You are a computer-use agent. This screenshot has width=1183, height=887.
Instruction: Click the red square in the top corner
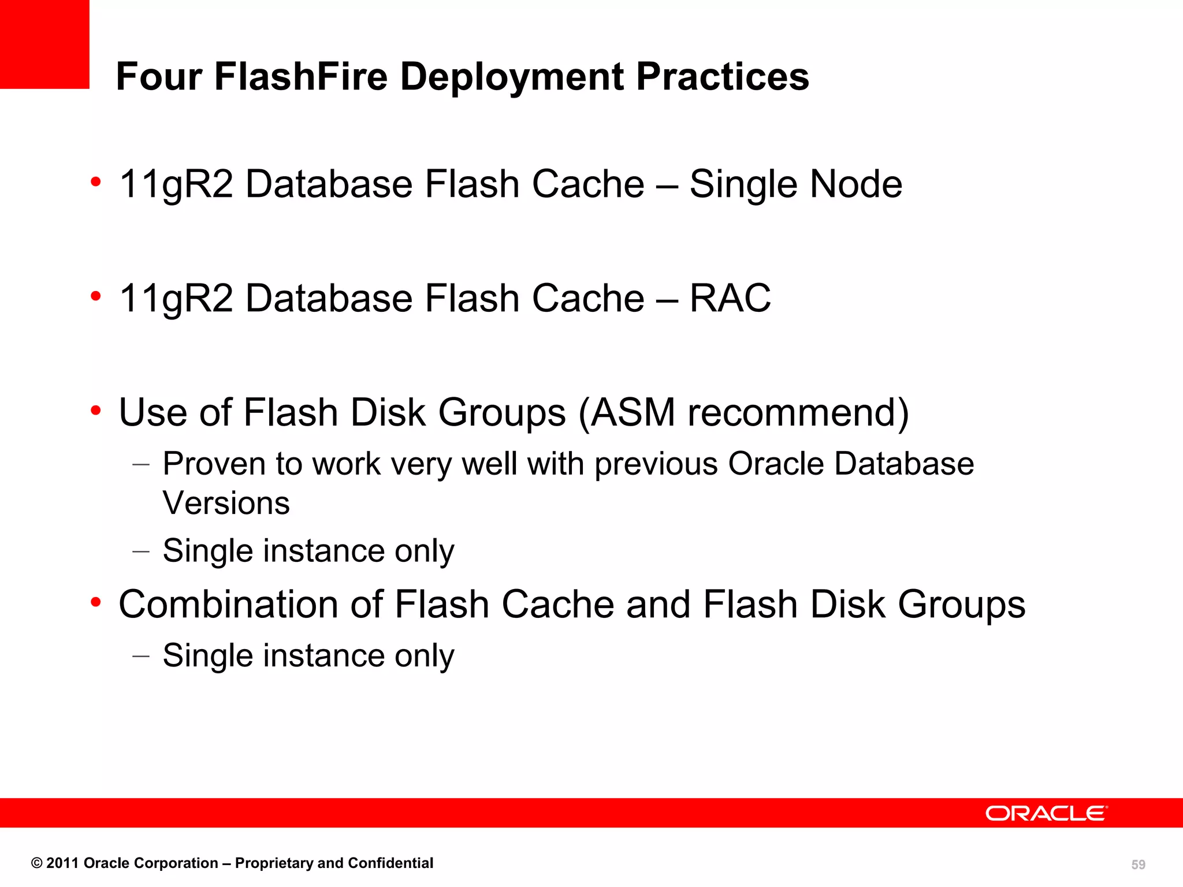click(44, 44)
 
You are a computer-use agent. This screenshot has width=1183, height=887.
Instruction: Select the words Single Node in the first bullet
click(795, 184)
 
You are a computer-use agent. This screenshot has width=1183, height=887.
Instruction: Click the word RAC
click(730, 298)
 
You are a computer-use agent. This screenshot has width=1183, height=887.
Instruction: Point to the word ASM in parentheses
click(633, 412)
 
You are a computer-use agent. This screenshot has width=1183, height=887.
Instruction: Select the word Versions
click(226, 503)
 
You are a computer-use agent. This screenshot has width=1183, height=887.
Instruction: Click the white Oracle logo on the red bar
click(1046, 813)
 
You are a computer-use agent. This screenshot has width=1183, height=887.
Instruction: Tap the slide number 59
click(1138, 864)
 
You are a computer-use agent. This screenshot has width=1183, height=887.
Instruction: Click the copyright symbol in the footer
click(37, 863)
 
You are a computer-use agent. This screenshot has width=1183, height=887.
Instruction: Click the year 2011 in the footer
click(62, 863)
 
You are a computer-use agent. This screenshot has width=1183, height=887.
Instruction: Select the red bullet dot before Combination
click(96, 602)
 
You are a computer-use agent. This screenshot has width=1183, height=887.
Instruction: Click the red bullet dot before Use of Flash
click(96, 411)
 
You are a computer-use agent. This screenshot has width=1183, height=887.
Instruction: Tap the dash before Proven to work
click(141, 464)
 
